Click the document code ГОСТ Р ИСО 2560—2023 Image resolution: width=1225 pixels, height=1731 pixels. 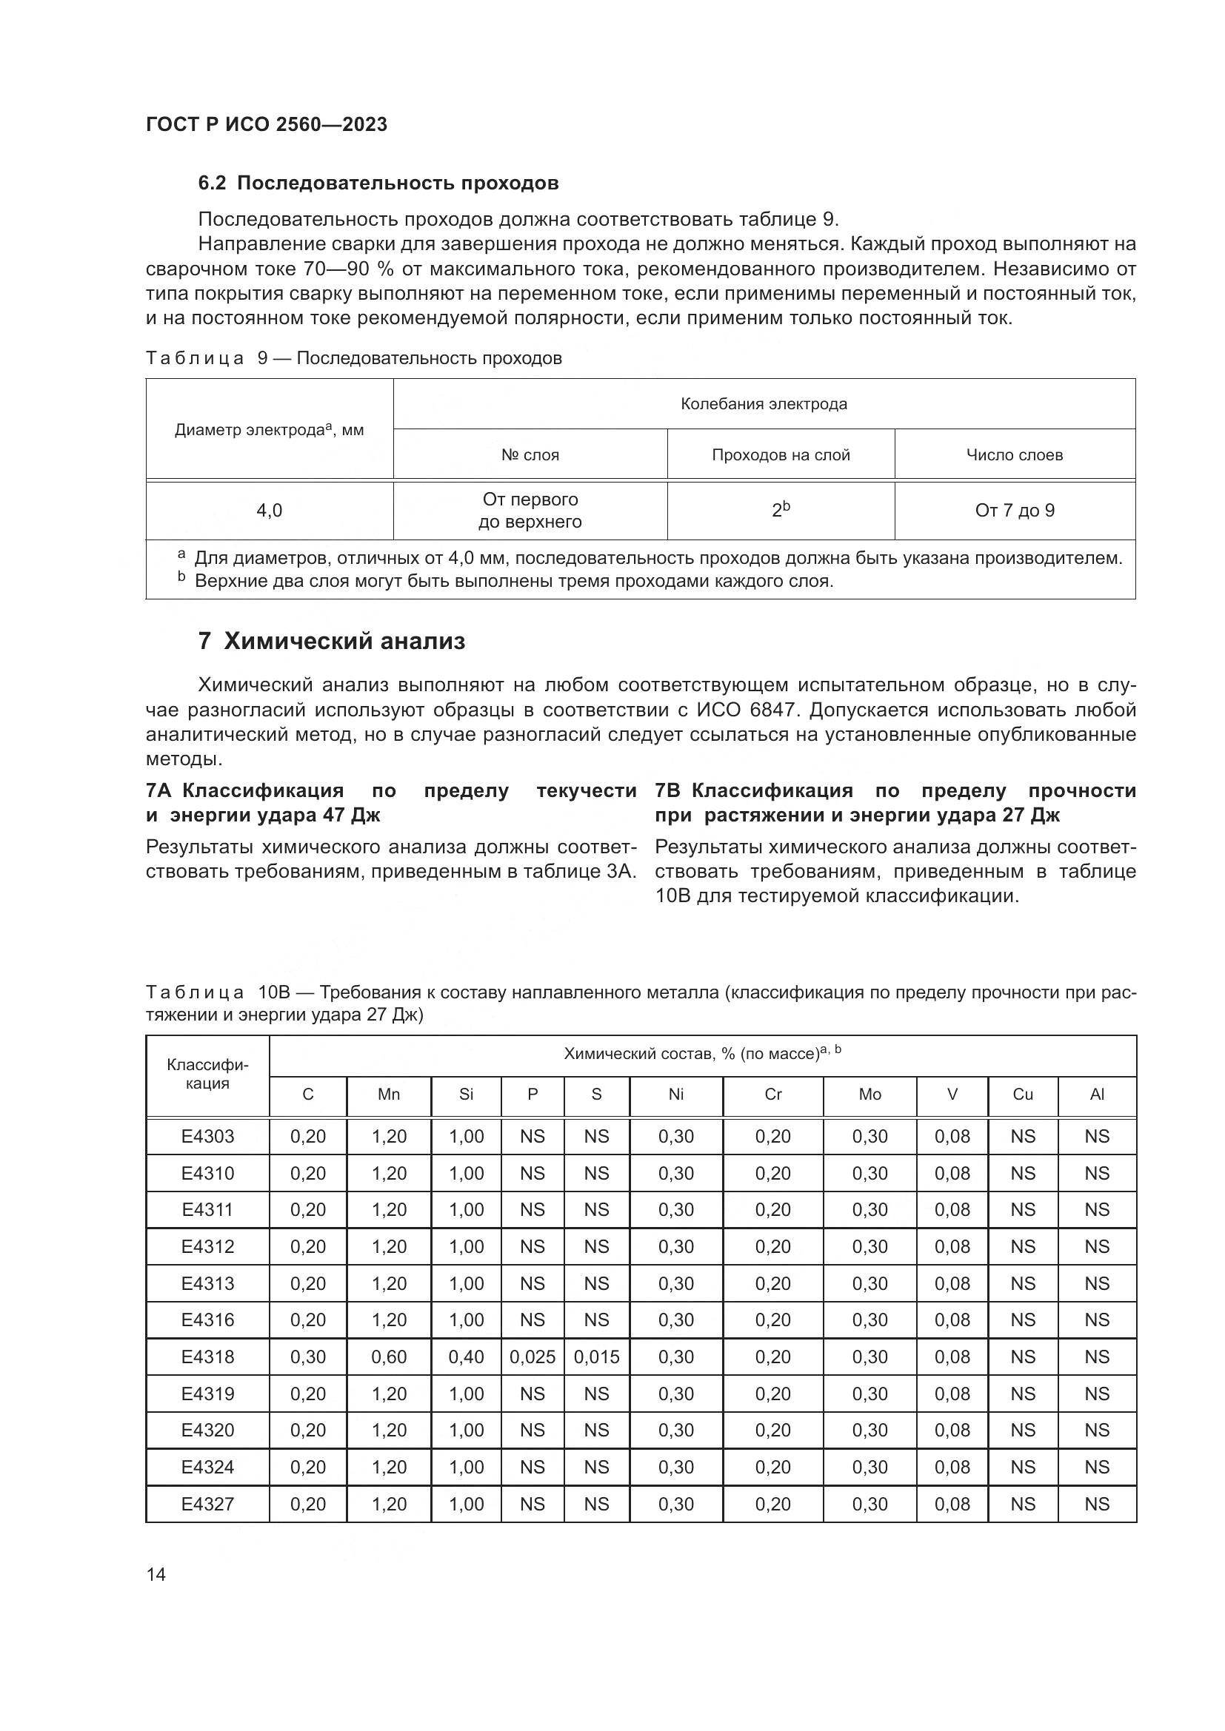click(267, 124)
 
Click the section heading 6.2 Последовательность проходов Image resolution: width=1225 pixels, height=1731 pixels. click(378, 184)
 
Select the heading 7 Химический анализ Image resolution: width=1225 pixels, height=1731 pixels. click(332, 642)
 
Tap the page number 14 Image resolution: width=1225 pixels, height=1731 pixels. click(156, 1574)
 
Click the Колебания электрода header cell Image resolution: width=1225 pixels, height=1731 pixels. click(764, 404)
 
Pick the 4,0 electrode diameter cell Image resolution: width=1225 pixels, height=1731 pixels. click(270, 511)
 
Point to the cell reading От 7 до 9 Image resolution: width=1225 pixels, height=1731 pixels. click(1015, 511)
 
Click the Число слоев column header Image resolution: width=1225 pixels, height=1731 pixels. click(1015, 454)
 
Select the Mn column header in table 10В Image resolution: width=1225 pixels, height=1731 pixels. click(389, 1095)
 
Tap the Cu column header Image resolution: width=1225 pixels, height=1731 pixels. click(1022, 1095)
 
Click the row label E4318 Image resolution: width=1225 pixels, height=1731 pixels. click(207, 1357)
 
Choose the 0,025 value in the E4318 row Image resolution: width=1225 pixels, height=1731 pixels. click(533, 1357)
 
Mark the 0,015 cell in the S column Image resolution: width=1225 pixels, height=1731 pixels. click(597, 1357)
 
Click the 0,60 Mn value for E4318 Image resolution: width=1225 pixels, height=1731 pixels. click(389, 1357)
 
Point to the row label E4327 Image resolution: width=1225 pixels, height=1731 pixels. click(207, 1504)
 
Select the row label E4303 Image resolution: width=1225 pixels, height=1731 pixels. click(207, 1136)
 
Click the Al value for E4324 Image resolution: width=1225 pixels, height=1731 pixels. click(1097, 1467)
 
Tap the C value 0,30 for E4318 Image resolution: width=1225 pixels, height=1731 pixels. click(308, 1357)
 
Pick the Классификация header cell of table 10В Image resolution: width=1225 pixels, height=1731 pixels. click(207, 1075)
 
